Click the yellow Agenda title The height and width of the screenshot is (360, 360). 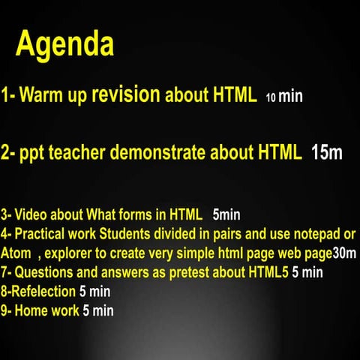tap(65, 45)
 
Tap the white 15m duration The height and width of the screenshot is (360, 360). tap(326, 154)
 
